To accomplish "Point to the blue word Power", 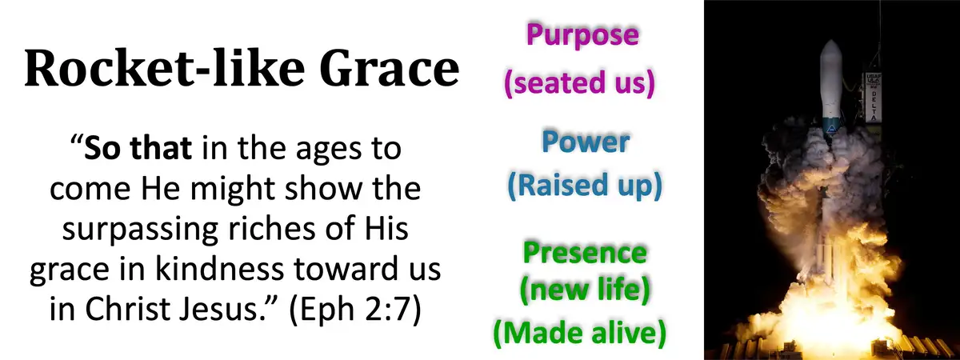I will pos(585,142).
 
